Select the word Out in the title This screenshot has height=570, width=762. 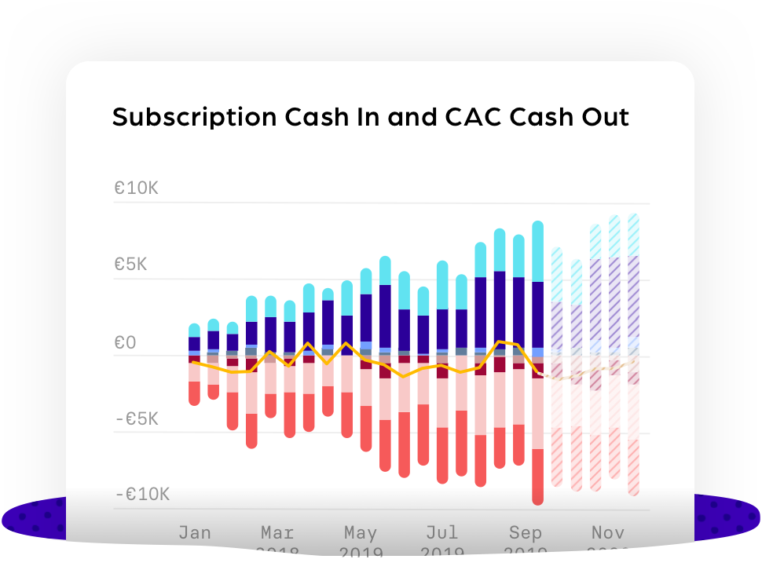click(x=602, y=117)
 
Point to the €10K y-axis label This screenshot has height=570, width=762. click(x=136, y=188)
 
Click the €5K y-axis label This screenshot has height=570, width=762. click(x=130, y=265)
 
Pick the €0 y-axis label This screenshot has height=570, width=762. click(x=125, y=342)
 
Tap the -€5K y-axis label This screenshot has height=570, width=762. click(x=136, y=419)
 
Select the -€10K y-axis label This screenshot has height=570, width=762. click(x=141, y=495)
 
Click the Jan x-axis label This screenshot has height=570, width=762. click(x=194, y=533)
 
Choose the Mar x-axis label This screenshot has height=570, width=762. click(x=277, y=533)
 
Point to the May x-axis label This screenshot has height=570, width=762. click(x=361, y=533)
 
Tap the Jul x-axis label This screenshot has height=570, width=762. click(x=442, y=533)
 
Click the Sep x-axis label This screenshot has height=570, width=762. click(x=525, y=533)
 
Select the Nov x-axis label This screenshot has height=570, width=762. click(x=608, y=533)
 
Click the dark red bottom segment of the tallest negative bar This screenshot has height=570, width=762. click(x=538, y=476)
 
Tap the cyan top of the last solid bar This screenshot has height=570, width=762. click(x=538, y=251)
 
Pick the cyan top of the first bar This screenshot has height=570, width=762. click(x=194, y=331)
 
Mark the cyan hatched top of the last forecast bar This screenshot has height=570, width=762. click(x=633, y=234)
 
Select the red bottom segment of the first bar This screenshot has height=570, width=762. click(x=194, y=393)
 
